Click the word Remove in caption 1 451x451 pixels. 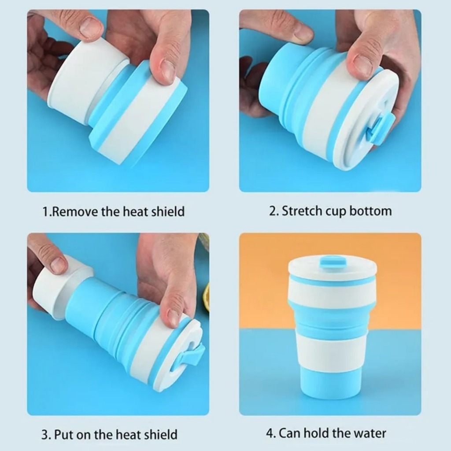pyautogui.click(x=75, y=211)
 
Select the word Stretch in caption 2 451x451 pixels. pyautogui.click(x=302, y=211)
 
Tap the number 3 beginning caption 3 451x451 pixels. pyautogui.click(x=45, y=434)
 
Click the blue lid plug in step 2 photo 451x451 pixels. pyautogui.click(x=379, y=127)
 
